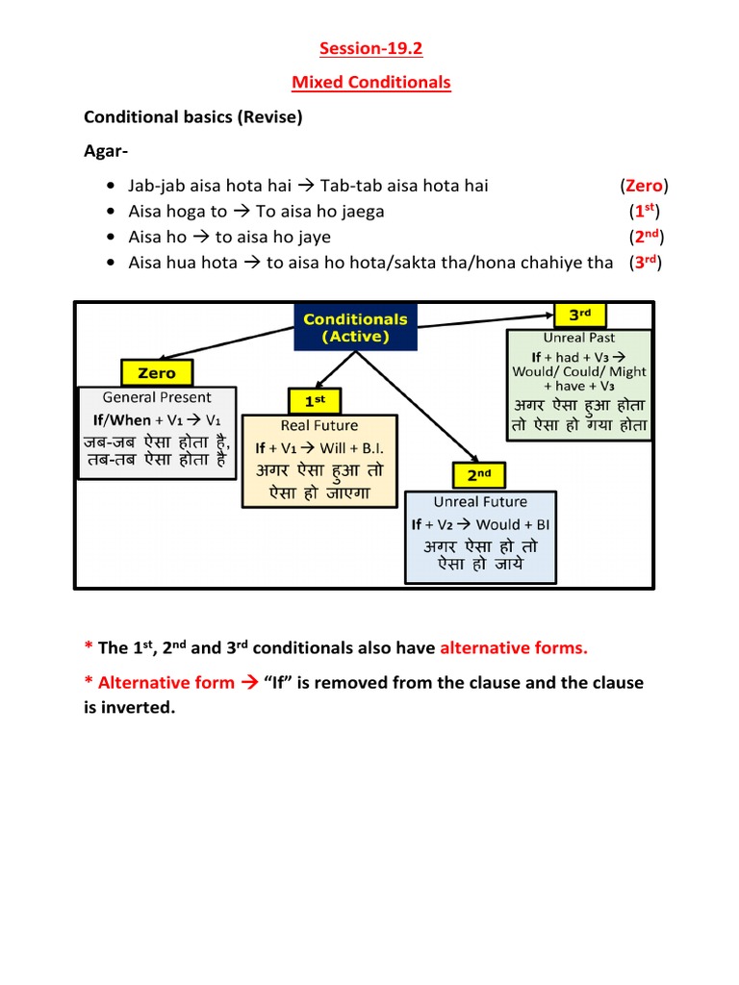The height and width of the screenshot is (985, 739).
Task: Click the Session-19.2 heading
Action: [370, 48]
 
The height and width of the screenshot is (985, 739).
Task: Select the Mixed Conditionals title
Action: [370, 82]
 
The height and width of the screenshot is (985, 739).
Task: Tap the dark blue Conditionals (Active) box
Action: [355, 327]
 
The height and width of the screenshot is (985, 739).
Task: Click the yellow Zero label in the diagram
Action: [156, 372]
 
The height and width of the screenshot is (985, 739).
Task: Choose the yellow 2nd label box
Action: [479, 475]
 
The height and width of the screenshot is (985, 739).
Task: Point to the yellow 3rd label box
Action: [578, 315]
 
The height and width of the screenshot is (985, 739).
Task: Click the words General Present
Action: [157, 397]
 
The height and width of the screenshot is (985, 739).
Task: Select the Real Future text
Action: [319, 425]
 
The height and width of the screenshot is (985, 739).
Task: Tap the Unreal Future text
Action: [480, 501]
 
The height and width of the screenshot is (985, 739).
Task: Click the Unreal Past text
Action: [578, 338]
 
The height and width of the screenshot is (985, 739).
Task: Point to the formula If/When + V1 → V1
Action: [157, 420]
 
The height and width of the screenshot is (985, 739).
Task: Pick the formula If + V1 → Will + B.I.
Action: [319, 447]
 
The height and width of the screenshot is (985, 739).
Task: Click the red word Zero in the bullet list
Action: [644, 186]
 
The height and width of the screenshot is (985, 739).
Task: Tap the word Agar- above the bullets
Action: [106, 152]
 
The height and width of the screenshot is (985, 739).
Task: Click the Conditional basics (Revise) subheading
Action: [192, 117]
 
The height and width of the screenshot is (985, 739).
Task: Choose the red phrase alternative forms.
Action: [513, 647]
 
